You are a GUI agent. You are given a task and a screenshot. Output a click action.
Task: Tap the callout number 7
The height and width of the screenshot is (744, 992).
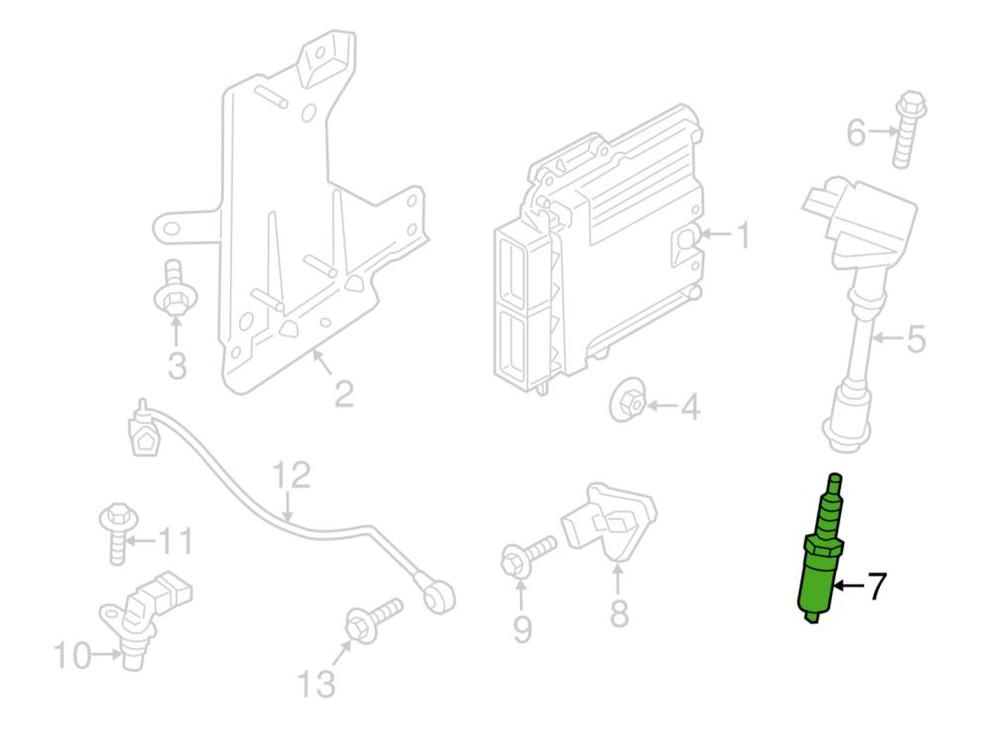874,586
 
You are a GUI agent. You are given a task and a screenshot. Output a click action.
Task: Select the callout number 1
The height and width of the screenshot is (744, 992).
741,236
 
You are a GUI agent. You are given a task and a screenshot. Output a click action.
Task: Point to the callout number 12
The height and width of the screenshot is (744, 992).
292,476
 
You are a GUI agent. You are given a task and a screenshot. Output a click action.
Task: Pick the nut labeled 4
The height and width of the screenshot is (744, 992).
627,402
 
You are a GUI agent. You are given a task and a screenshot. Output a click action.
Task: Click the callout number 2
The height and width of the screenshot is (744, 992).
343,394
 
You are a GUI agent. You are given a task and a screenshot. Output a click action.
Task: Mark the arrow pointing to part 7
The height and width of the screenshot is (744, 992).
846,586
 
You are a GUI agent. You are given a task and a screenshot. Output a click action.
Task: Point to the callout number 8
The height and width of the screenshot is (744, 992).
618,613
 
